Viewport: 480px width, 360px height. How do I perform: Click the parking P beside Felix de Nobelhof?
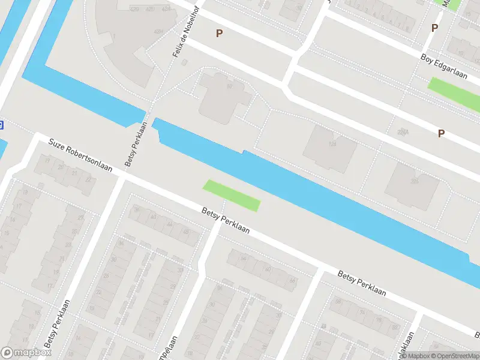220,34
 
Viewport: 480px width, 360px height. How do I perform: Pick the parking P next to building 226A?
441,134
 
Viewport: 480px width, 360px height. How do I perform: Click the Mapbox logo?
25,353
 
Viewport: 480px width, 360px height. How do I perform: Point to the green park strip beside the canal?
232,195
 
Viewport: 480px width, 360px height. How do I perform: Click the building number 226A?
403,132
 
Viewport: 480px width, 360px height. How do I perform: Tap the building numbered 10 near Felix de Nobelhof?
229,86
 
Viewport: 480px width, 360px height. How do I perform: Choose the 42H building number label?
160,32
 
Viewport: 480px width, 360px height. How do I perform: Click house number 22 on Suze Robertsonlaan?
88,179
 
